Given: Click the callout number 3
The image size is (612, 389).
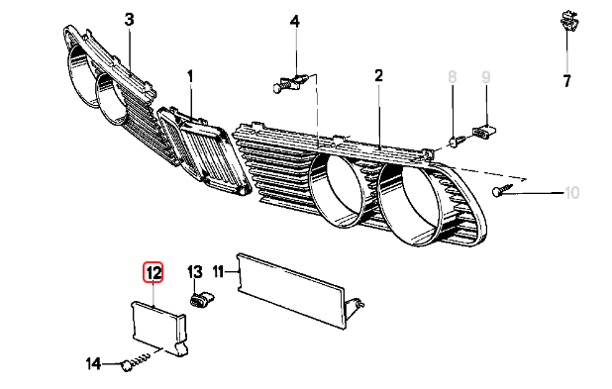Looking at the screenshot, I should pyautogui.click(x=129, y=20).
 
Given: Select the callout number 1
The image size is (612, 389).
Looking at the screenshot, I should pyautogui.click(x=191, y=76).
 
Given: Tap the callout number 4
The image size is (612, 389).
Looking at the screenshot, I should pyautogui.click(x=295, y=21).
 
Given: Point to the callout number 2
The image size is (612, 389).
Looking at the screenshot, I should pyautogui.click(x=378, y=76).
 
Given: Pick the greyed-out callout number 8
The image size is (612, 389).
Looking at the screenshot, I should pyautogui.click(x=453, y=76).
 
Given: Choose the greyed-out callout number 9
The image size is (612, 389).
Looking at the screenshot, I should pyautogui.click(x=486, y=76).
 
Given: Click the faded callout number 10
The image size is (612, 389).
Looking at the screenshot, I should pyautogui.click(x=570, y=194).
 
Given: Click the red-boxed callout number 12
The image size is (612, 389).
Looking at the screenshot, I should pyautogui.click(x=153, y=271).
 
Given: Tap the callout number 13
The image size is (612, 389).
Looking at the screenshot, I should pyautogui.click(x=195, y=271).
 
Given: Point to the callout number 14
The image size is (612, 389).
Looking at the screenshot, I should pyautogui.click(x=93, y=364).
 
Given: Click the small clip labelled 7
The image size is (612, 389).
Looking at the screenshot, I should pyautogui.click(x=565, y=30).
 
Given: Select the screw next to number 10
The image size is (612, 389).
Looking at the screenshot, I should pyautogui.click(x=504, y=192).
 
